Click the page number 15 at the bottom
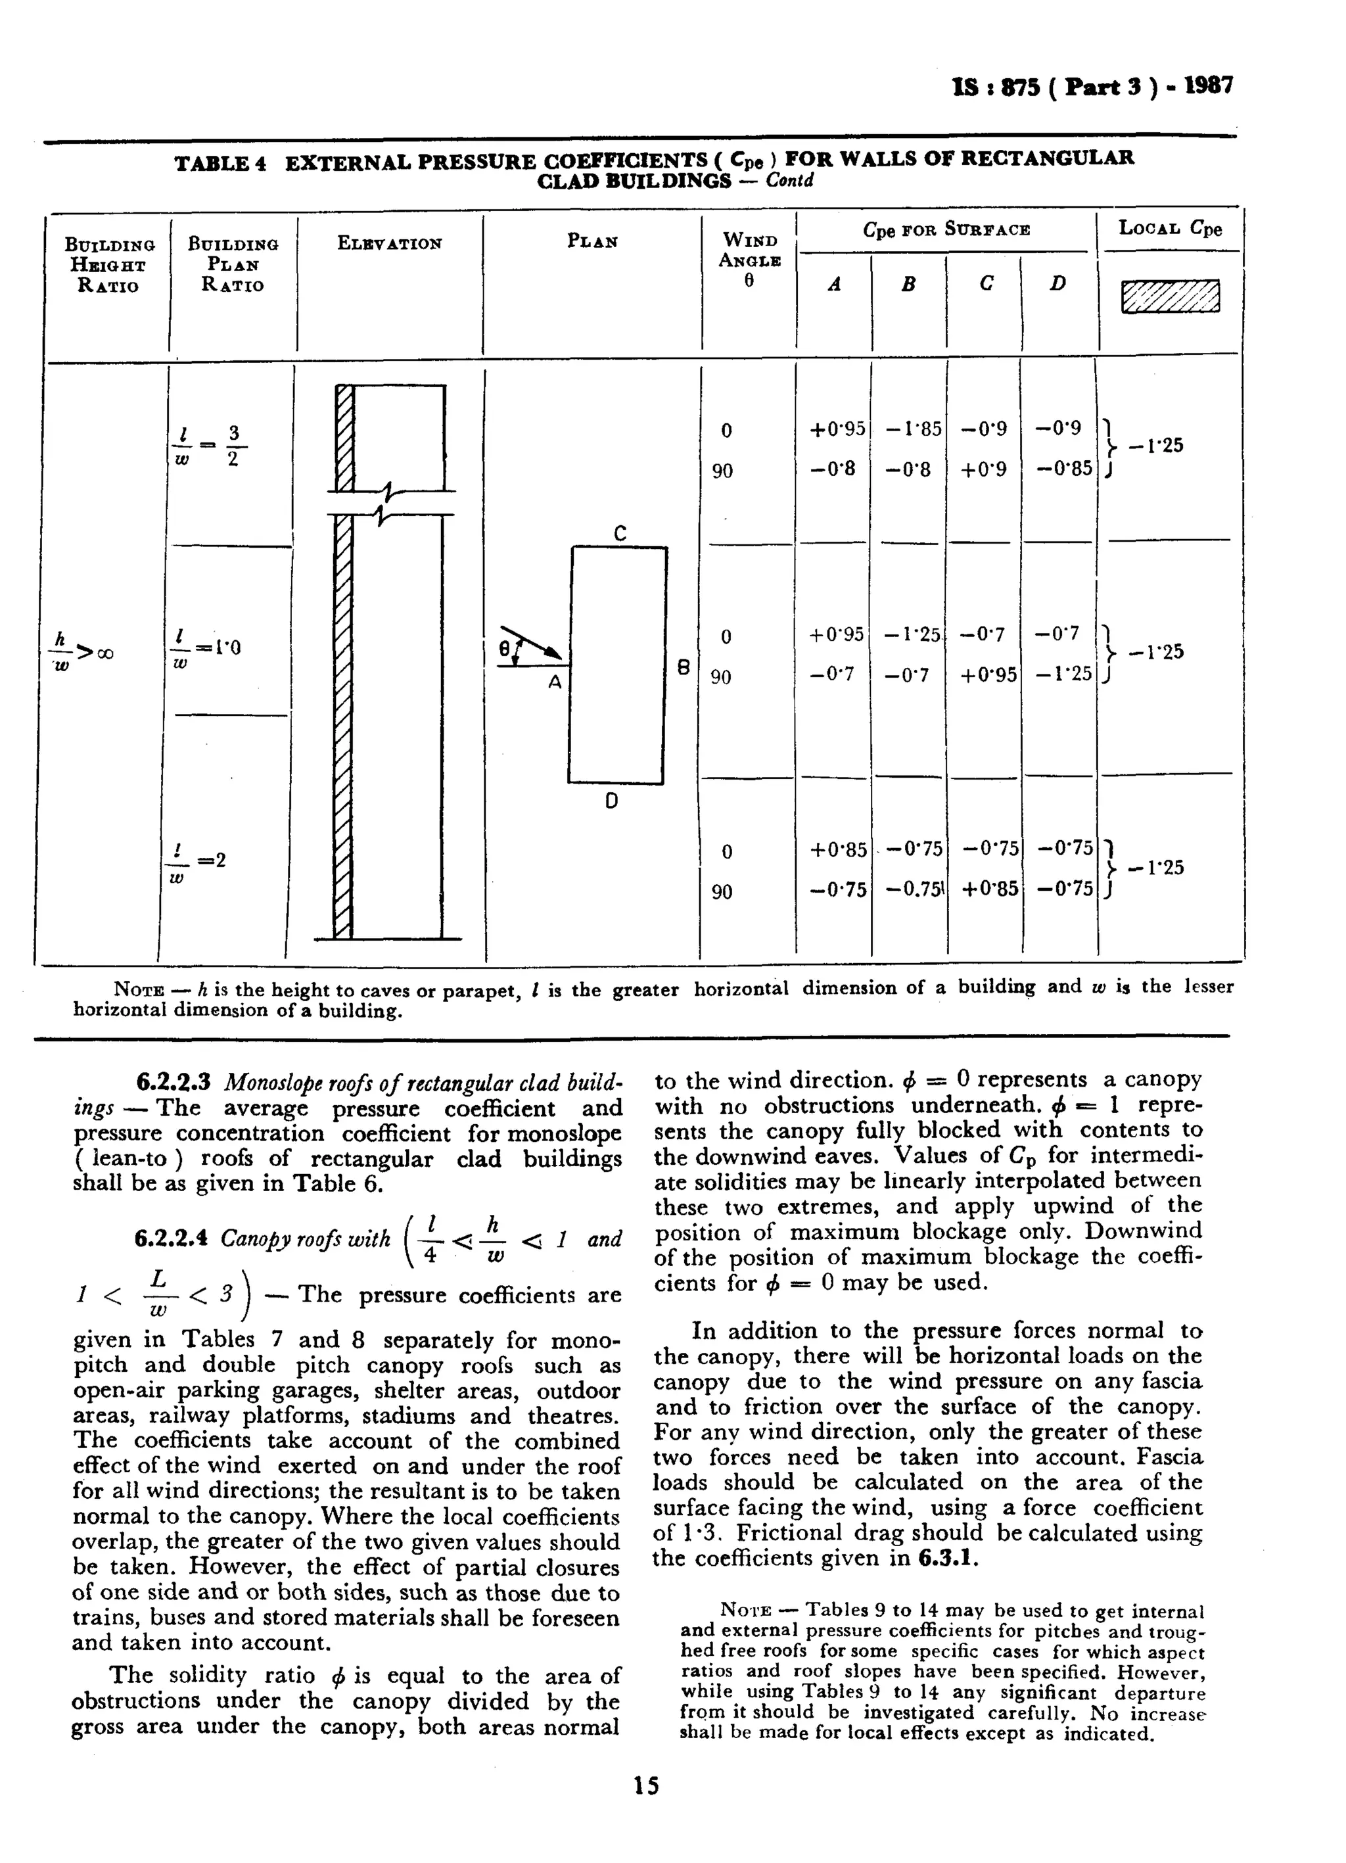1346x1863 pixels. pyautogui.click(x=646, y=1785)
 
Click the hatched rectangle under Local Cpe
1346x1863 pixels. pyautogui.click(x=1171, y=296)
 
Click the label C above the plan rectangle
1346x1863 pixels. pyautogui.click(x=620, y=534)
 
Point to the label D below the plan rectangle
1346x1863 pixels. pyautogui.click(x=611, y=800)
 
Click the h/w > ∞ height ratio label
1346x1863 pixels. pyautogui.click(x=82, y=651)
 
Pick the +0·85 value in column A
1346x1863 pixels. pyautogui.click(x=838, y=849)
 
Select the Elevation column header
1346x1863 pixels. pyautogui.click(x=389, y=243)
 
